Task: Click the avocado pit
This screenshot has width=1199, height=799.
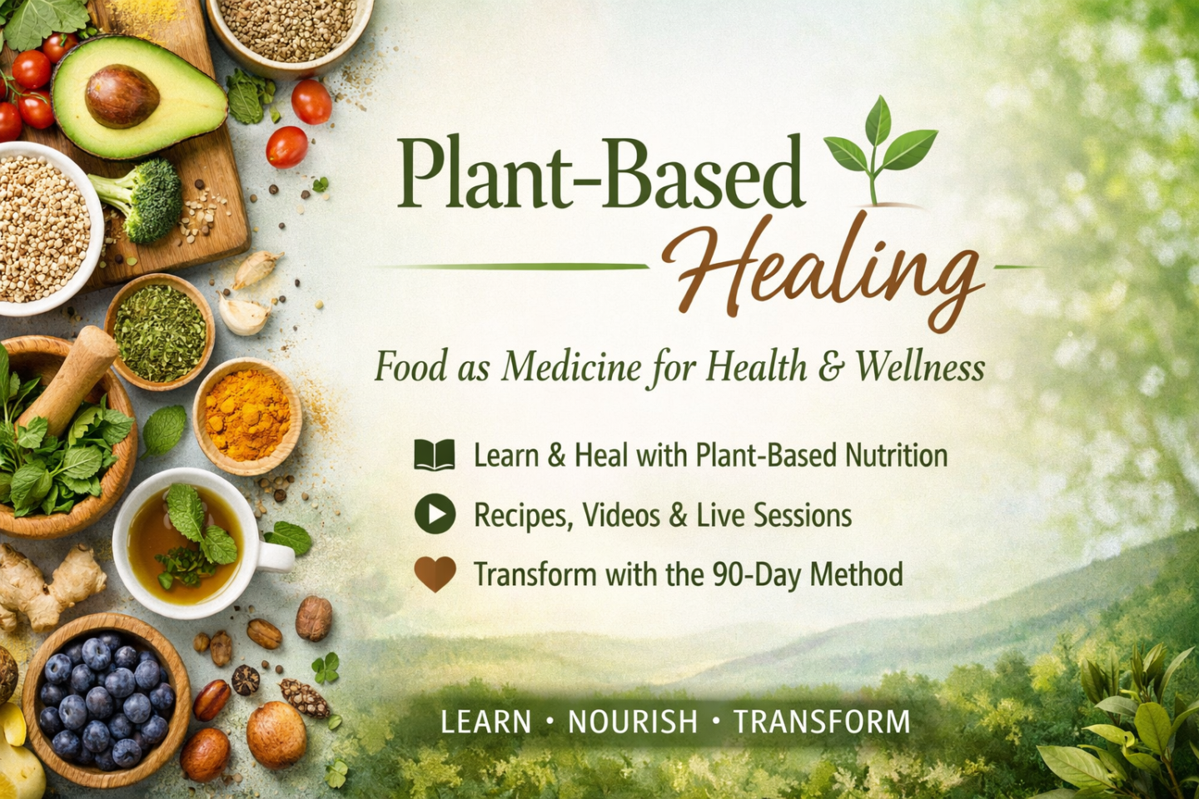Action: point(122,97)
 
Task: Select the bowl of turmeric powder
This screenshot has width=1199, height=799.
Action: point(247,417)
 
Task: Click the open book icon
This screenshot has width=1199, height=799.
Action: point(435,454)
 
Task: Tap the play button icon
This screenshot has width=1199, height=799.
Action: point(435,514)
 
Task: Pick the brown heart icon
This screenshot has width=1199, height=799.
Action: point(435,574)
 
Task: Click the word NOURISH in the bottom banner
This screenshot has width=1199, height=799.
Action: point(633,722)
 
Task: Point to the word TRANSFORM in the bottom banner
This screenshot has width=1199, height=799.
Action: point(822,722)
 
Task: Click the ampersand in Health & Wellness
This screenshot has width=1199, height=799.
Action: point(829,368)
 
